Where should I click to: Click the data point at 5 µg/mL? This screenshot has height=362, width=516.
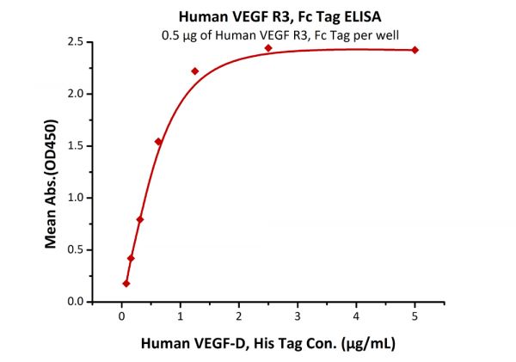(x=415, y=50)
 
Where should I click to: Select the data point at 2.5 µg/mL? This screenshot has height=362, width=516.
(x=268, y=48)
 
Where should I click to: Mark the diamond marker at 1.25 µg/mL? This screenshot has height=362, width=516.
(x=195, y=71)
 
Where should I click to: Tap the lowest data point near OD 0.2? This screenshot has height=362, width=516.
(x=126, y=283)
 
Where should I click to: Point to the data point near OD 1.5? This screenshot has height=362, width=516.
(x=158, y=142)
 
